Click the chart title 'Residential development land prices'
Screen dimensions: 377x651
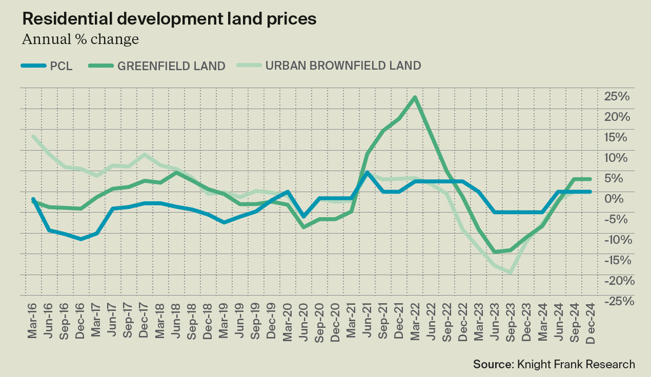pyautogui.click(x=169, y=19)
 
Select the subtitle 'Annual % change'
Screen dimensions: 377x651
pyautogui.click(x=80, y=39)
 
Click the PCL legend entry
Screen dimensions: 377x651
pyautogui.click(x=47, y=66)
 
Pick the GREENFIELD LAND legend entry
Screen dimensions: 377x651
pyautogui.click(x=157, y=66)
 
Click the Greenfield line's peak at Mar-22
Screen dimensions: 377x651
pyautogui.click(x=415, y=97)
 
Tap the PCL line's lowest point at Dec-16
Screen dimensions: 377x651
pyautogui.click(x=81, y=239)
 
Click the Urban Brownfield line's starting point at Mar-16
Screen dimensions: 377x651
pyautogui.click(x=33, y=136)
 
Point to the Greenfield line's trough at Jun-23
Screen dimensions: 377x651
pyautogui.click(x=495, y=252)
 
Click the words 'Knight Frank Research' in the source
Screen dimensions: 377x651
pyautogui.click(x=575, y=364)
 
